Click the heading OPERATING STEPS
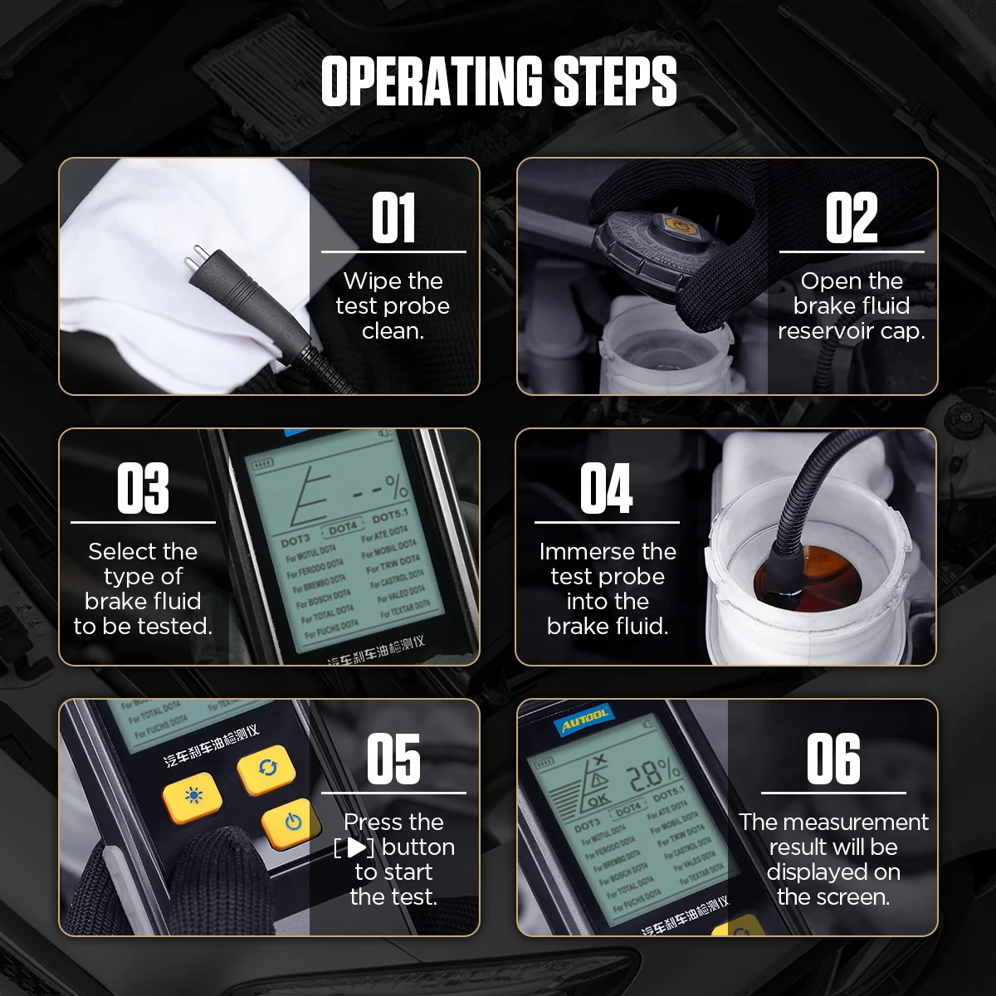498,81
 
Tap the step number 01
393,218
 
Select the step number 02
851,218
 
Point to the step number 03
143,489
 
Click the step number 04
606,489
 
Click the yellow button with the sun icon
193,797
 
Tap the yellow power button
291,822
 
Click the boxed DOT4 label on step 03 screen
343,528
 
